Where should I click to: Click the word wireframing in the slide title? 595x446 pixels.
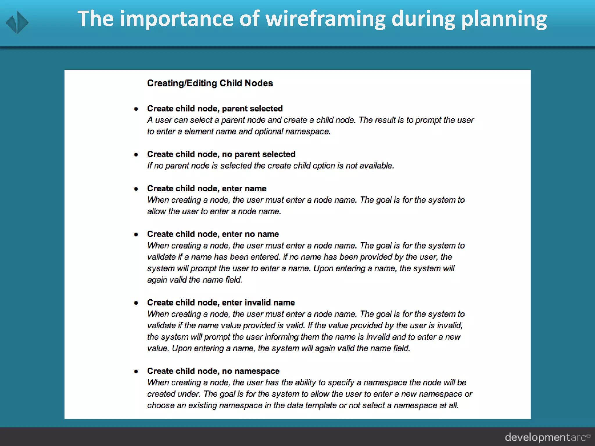click(325, 19)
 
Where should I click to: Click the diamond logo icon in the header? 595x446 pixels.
click(17, 22)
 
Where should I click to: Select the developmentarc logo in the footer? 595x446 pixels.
click(547, 437)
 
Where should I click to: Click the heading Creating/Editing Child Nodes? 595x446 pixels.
click(210, 83)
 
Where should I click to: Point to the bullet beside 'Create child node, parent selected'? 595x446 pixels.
click(136, 109)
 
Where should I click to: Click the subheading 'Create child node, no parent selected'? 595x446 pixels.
click(221, 154)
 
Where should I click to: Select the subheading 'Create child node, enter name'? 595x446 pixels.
click(207, 188)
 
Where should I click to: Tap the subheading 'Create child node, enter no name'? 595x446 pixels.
click(213, 234)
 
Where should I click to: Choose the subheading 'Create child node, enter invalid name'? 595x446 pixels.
click(221, 303)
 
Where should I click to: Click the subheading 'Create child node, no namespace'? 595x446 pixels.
click(213, 371)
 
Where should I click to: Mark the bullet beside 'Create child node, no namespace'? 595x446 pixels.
click(136, 372)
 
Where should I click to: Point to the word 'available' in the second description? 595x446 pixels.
click(377, 166)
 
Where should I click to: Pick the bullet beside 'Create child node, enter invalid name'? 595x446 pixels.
click(136, 303)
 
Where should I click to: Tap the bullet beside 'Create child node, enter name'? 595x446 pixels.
click(136, 189)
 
